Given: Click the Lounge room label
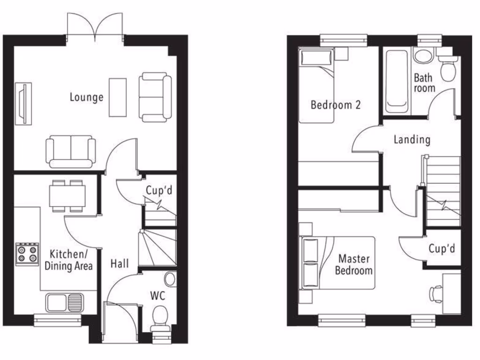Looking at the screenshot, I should click(86, 97).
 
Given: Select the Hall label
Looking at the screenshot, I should click(120, 264).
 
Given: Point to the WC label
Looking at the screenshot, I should click(157, 296).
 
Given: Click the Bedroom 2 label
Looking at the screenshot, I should click(336, 105).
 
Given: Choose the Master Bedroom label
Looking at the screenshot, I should click(355, 264).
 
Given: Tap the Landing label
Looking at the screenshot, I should click(412, 139).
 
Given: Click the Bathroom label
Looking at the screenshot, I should click(424, 82).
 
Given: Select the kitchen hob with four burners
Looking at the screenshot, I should click(27, 254).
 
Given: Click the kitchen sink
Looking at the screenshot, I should click(64, 302).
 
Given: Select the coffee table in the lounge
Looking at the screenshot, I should click(118, 97).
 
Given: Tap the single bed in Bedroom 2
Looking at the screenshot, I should click(317, 87).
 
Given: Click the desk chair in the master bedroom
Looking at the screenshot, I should click(435, 293).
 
